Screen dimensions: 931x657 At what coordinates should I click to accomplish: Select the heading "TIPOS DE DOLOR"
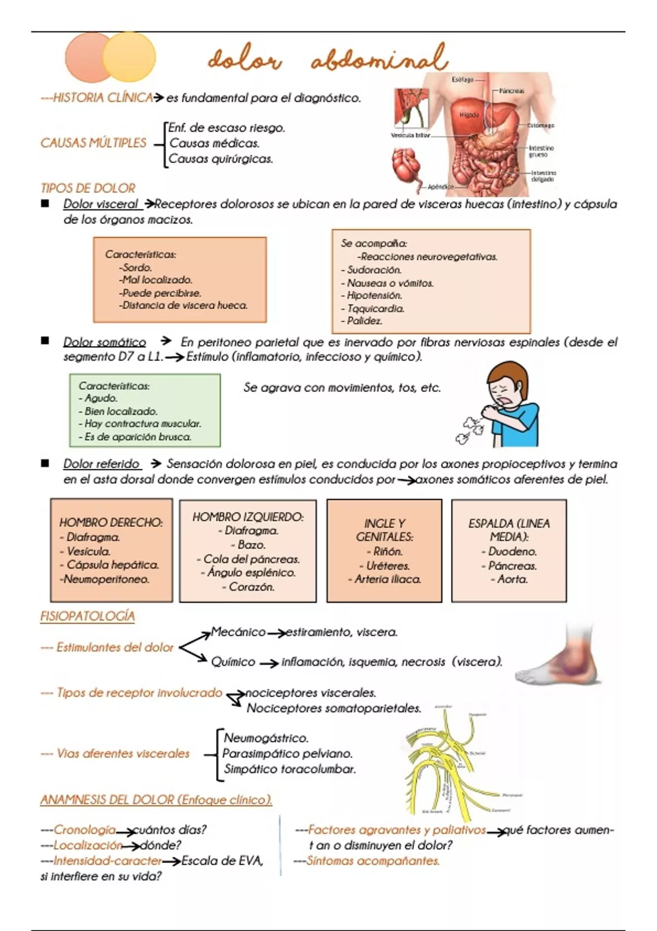coord(88,188)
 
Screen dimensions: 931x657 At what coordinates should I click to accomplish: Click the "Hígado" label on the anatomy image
coord(469,115)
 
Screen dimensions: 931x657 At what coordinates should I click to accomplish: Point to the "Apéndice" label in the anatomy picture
coord(440,187)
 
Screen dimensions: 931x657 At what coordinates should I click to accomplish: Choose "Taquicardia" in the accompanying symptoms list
coord(376,308)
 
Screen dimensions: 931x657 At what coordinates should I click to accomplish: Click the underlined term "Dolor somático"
coord(105,342)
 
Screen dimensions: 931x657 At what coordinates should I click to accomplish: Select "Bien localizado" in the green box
coord(120,411)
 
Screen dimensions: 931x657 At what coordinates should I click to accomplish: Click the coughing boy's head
coord(508,383)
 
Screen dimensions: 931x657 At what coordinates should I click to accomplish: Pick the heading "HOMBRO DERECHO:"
coord(111,522)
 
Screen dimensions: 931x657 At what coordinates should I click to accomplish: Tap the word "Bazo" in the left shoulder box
coord(251,545)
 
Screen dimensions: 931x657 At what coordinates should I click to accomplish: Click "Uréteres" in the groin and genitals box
coord(388,565)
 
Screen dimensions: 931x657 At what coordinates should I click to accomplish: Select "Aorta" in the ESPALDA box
coord(512,579)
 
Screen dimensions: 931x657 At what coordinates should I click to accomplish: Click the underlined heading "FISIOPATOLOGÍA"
coord(88,617)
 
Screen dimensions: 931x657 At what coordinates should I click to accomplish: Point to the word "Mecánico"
coord(238,632)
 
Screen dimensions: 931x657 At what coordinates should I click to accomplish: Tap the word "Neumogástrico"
coord(266,738)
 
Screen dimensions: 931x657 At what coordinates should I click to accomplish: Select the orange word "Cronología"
coord(85,830)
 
